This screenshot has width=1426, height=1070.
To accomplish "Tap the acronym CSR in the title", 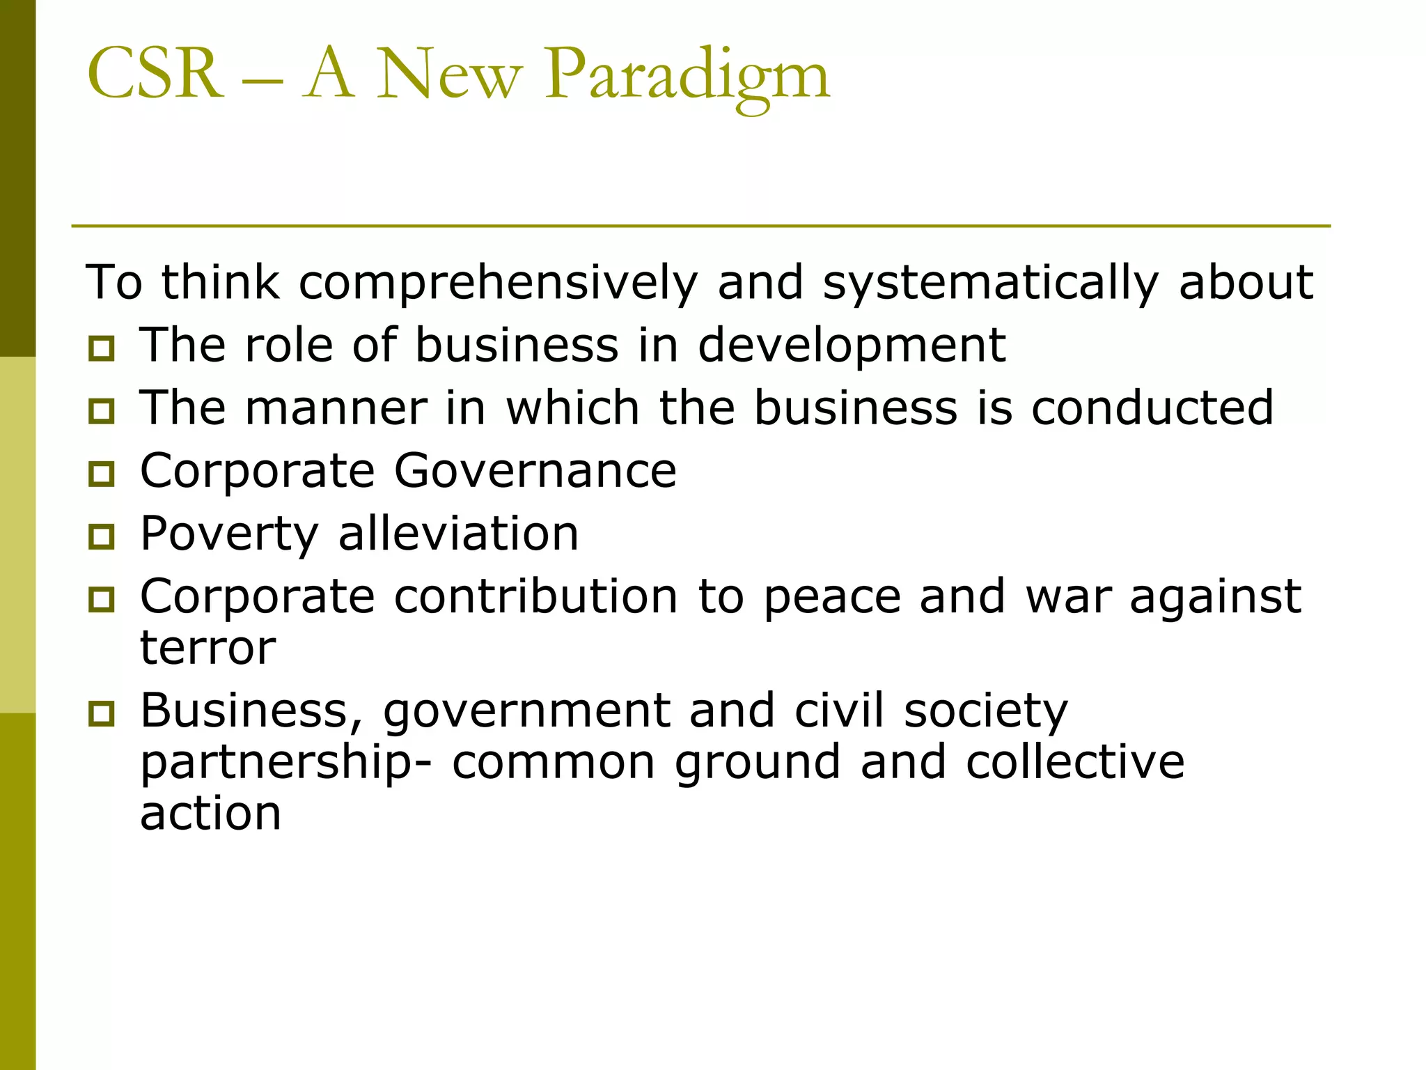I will pos(155,74).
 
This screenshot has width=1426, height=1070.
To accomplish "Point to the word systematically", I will pos(991,283).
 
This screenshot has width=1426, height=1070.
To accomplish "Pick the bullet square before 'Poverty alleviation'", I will pos(102,536).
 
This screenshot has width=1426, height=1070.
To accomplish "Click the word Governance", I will pos(535,471).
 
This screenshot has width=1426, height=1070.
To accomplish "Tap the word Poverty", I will pos(229,535).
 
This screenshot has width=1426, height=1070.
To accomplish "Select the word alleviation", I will pos(458,534).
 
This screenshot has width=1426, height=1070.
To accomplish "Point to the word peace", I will pos(832,598).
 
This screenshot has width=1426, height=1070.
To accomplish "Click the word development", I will pos(851,346).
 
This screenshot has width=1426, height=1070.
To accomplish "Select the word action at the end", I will pos(210,813).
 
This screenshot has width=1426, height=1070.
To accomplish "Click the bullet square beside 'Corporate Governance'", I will pos(102,474).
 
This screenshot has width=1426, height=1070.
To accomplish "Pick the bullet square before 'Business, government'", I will pos(102,713).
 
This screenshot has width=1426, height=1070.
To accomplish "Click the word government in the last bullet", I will pos(526,712).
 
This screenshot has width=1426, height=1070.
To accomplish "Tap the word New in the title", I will pos(449,75).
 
